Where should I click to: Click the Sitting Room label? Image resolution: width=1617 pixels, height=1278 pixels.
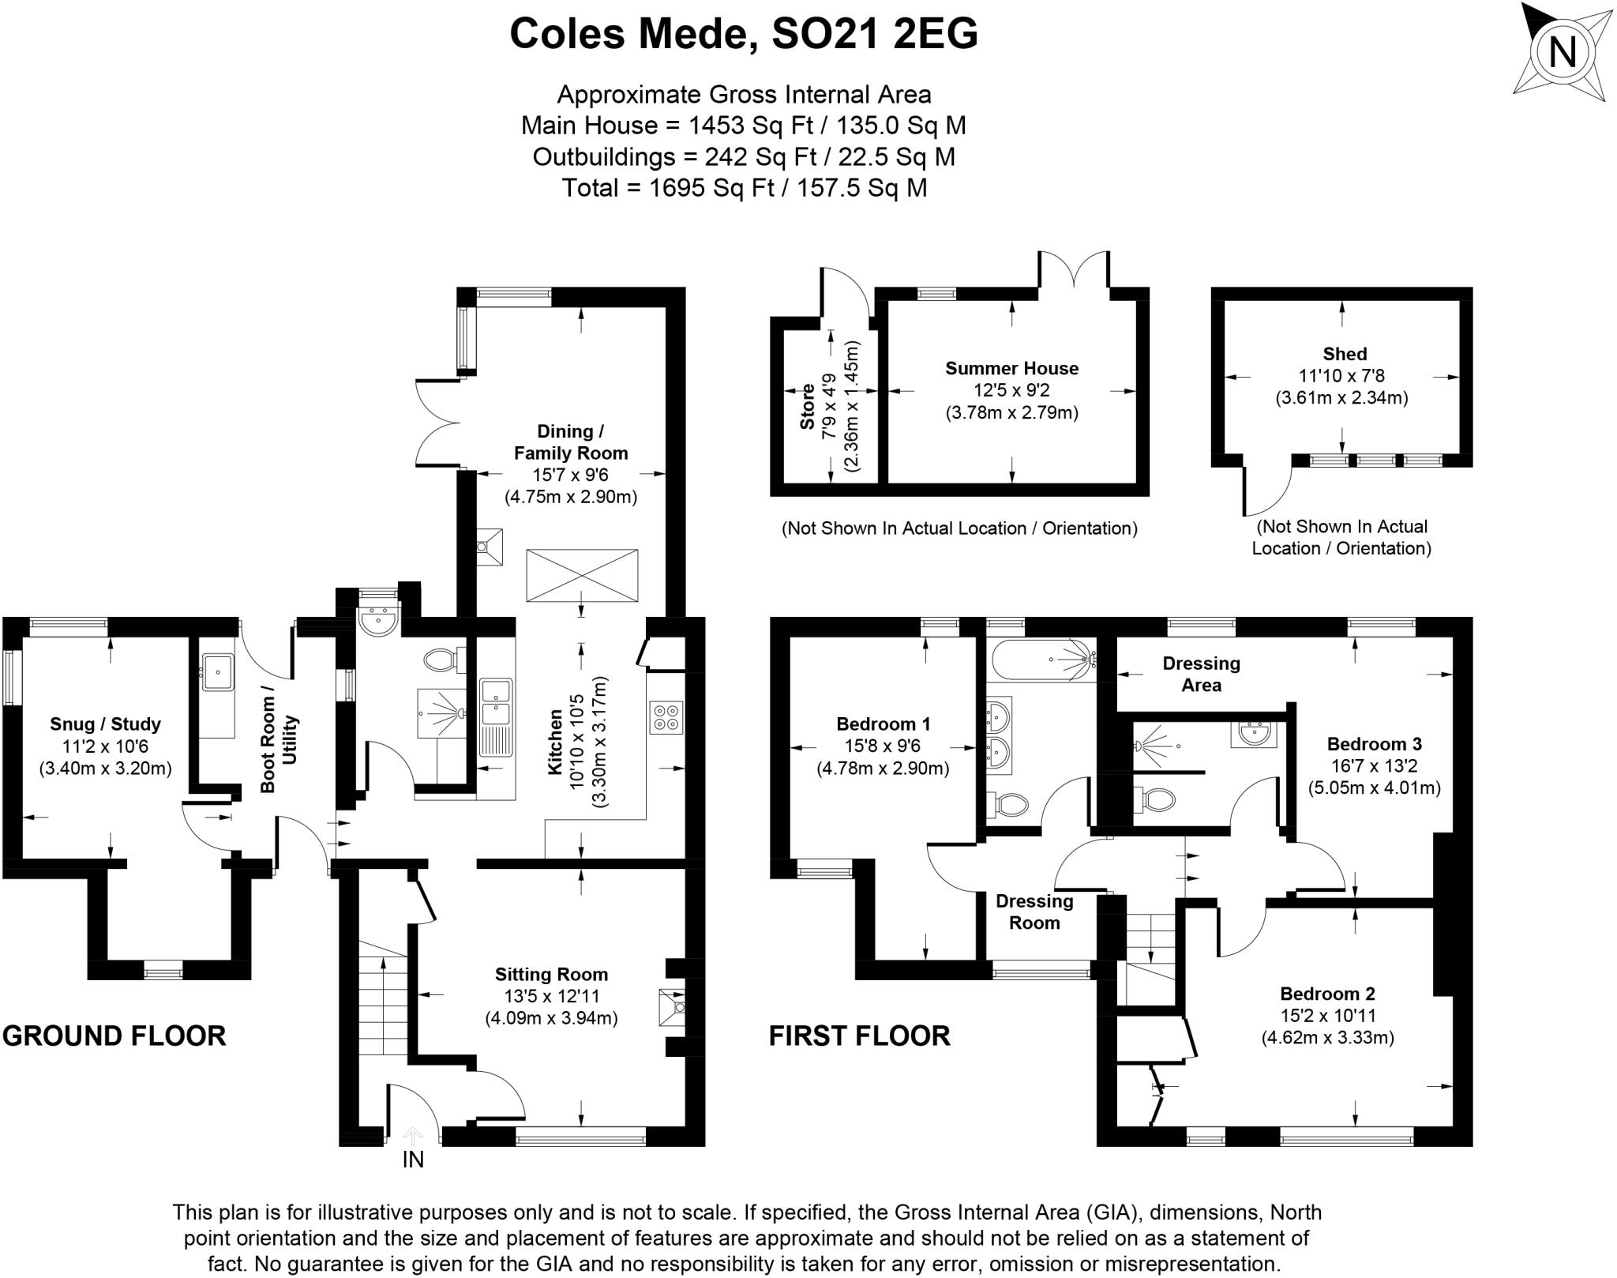coord(551,974)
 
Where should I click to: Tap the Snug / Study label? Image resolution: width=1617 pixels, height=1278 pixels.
coord(105,724)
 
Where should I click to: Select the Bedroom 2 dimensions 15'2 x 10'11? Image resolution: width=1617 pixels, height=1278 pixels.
coord(1327,1015)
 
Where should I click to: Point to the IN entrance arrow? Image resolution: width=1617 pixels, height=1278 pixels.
coord(412,1137)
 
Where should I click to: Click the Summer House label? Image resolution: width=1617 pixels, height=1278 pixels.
coord(1011,368)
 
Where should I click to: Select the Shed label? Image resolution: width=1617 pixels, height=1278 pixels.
coord(1345,354)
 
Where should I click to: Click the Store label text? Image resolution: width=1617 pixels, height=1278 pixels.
coord(807,407)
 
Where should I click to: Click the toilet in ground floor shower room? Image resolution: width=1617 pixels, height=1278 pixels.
coord(443,660)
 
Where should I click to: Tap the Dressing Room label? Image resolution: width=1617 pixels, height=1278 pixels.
coord(1034,912)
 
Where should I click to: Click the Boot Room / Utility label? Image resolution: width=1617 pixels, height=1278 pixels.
coord(279,743)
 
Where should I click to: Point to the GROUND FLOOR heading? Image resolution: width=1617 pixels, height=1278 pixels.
coord(114,1035)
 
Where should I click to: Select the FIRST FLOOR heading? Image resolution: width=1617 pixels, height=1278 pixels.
coord(859,1035)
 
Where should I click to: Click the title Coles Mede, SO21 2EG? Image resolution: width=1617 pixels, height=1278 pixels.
coord(743,34)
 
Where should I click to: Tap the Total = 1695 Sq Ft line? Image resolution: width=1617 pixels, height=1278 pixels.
coord(743,188)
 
